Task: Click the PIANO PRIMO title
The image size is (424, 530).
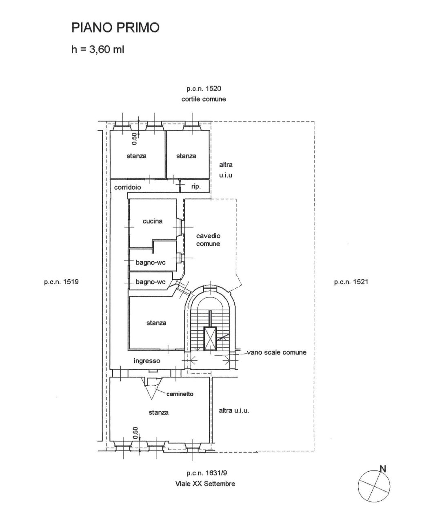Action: coord(115,28)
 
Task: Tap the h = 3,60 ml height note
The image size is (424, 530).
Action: coord(98,49)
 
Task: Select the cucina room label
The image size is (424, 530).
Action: coord(152,221)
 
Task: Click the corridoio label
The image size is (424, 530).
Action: coord(127,187)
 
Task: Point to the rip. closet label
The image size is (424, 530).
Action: coord(196,186)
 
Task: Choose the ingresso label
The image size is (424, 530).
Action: coord(147,361)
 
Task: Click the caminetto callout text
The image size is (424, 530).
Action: coord(180,394)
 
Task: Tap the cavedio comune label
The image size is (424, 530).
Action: coord(208,240)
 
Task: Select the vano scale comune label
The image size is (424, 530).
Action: coord(277,352)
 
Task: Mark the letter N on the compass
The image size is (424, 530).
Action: coord(383,469)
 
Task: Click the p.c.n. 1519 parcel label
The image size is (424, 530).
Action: coord(61,282)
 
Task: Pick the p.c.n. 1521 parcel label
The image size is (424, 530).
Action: coord(351,282)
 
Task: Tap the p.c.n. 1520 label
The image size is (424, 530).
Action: coord(204,88)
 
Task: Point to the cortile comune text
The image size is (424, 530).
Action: coord(204,99)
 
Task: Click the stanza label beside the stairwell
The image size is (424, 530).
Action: coord(156,322)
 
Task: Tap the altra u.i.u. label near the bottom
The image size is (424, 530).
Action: coord(234,411)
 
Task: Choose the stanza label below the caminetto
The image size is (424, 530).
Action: coord(158,412)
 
